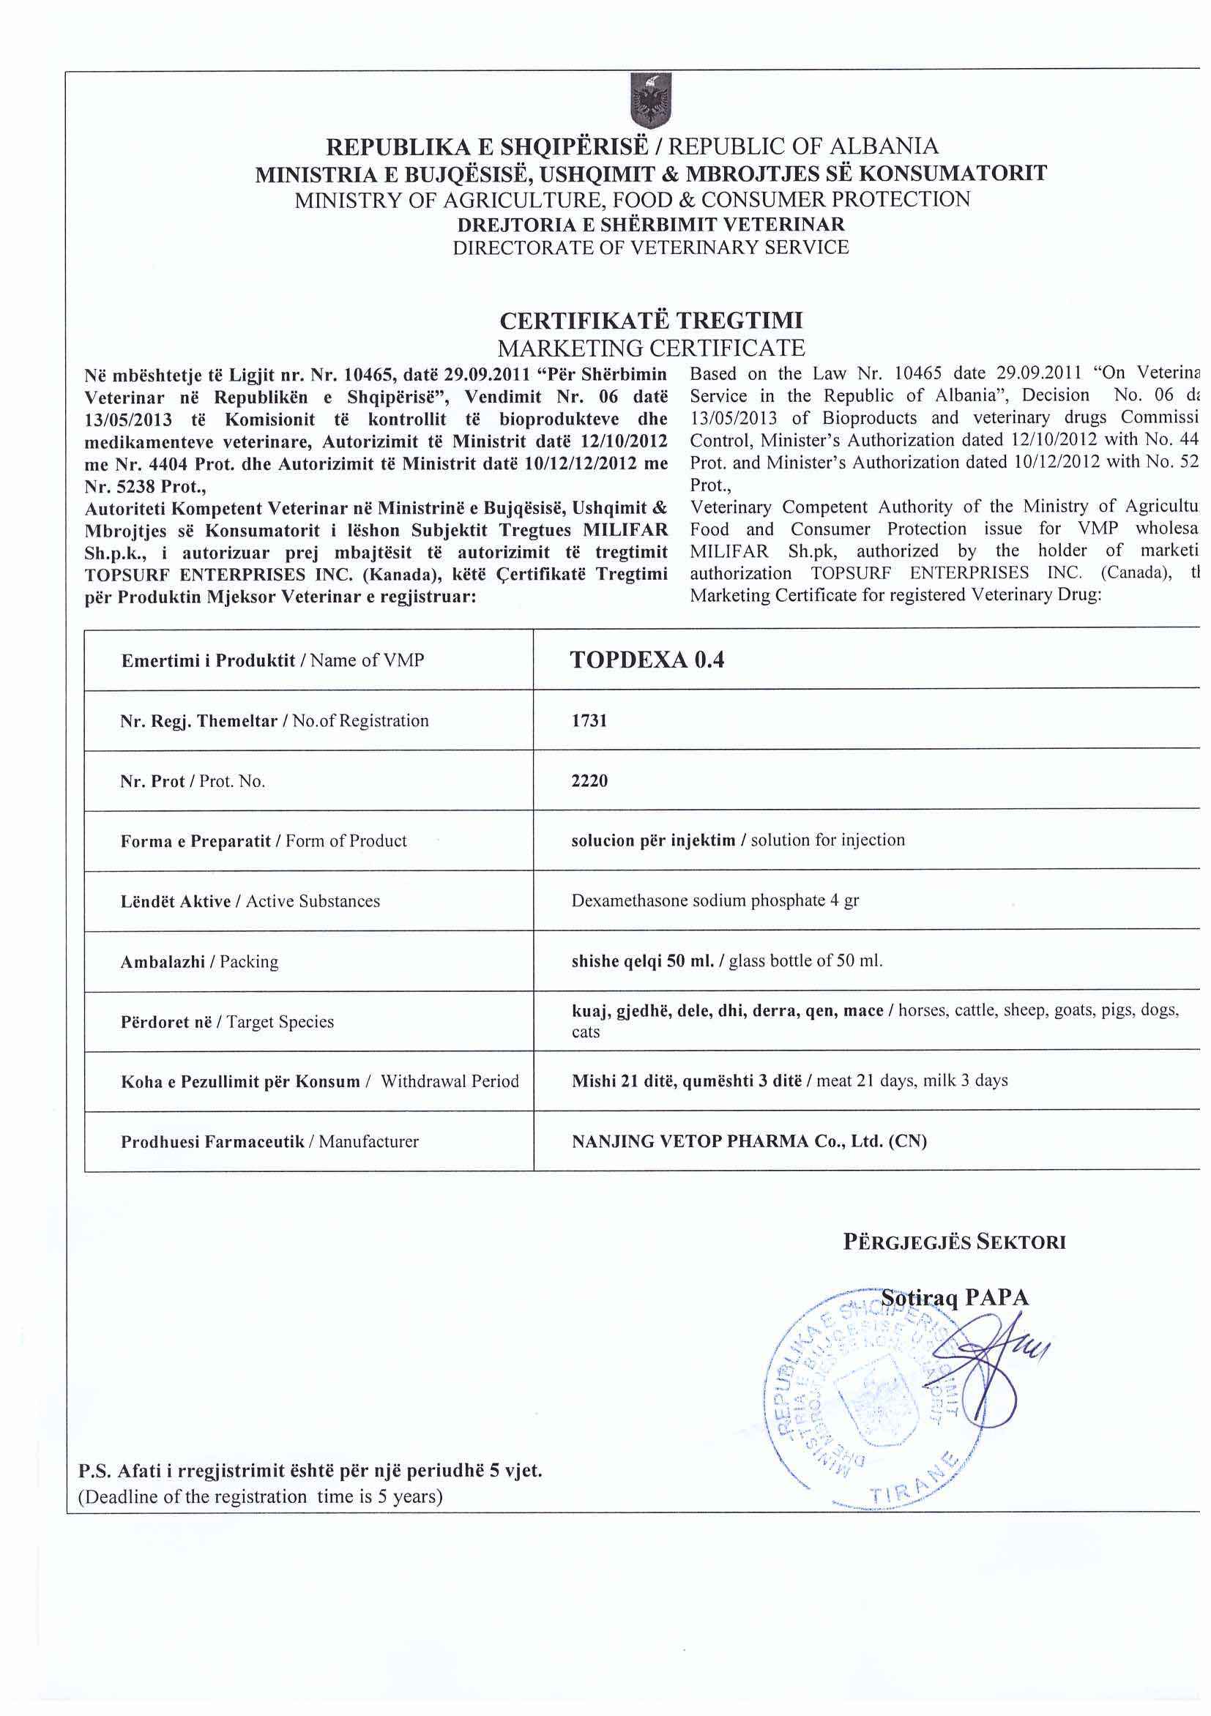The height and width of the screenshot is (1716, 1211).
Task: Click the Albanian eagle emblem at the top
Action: tap(651, 101)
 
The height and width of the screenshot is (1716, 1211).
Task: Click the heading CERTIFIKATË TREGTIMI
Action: tap(651, 321)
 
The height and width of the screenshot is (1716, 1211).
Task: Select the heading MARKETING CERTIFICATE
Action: tap(651, 348)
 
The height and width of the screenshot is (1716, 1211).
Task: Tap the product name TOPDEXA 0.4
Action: tap(647, 660)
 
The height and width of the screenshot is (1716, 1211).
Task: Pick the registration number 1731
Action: tap(589, 721)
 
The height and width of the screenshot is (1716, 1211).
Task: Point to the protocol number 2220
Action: tap(589, 781)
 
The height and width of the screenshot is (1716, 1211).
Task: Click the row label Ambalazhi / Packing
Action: tap(200, 962)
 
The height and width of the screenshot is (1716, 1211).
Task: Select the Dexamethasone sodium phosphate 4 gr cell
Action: tap(715, 900)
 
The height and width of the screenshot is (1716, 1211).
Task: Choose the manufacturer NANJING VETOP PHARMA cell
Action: tap(749, 1141)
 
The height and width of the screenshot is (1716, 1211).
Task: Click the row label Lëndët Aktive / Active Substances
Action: tap(250, 901)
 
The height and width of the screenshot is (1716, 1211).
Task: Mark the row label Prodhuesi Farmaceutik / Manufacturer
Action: tap(270, 1142)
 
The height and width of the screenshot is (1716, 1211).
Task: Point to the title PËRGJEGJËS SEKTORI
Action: tap(955, 1242)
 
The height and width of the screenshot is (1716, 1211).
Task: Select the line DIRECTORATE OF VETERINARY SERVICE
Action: tap(651, 247)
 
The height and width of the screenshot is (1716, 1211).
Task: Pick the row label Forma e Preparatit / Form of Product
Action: tap(264, 842)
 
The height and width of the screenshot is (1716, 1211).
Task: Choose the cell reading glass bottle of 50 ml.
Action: tap(726, 961)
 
